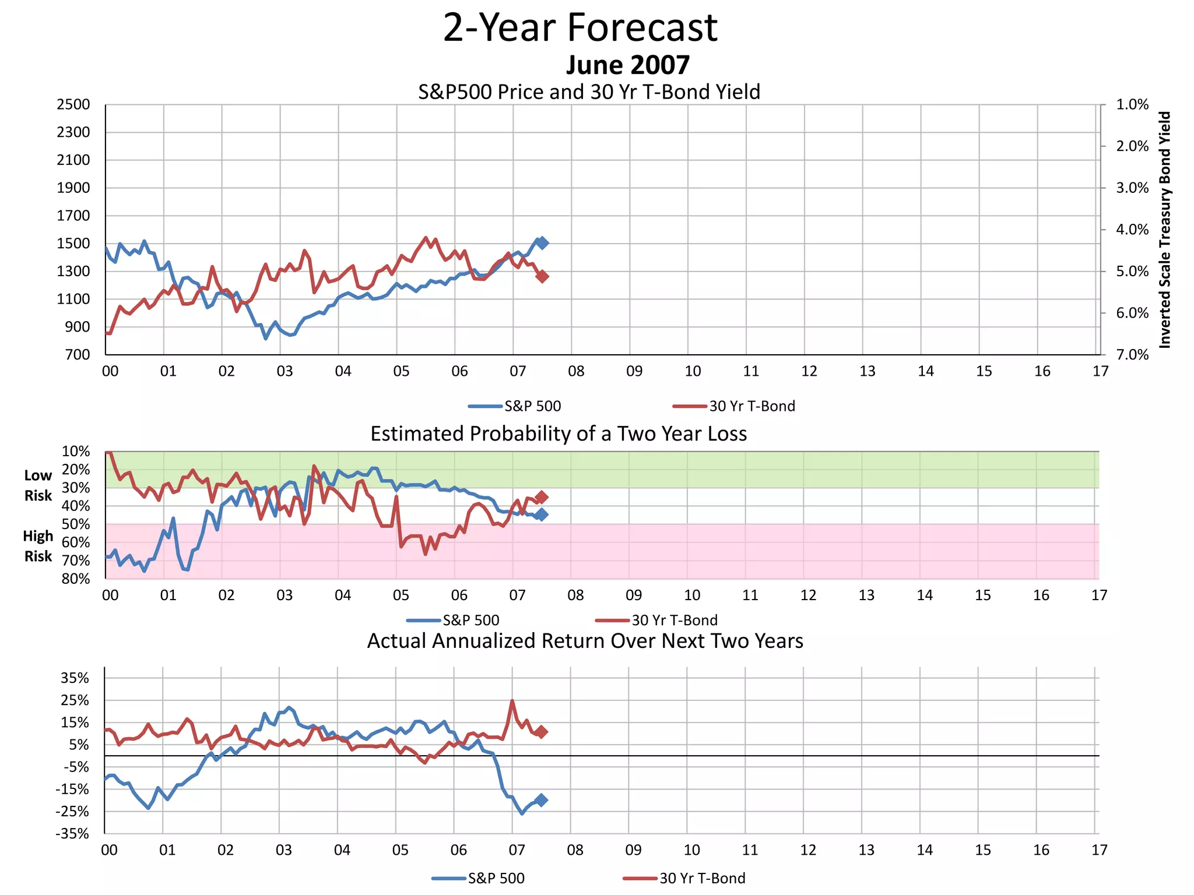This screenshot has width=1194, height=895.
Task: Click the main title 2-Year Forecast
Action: tap(580, 28)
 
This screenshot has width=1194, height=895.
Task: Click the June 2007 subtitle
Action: tap(627, 65)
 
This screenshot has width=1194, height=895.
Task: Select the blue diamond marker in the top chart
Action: tap(542, 243)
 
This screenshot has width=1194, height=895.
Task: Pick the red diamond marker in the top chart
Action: tap(542, 276)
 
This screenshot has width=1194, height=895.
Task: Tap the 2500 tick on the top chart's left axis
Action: tap(73, 105)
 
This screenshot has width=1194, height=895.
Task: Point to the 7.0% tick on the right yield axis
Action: tap(1132, 355)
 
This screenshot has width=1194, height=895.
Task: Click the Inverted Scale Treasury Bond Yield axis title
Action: tap(1164, 230)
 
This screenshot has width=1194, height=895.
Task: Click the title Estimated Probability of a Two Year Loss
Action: tap(559, 434)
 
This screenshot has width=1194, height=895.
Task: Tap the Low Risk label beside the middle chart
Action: tap(38, 485)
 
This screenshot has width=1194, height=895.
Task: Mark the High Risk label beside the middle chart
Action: tap(38, 546)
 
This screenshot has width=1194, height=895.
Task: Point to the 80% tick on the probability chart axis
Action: tap(76, 579)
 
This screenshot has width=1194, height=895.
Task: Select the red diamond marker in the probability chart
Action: tap(542, 497)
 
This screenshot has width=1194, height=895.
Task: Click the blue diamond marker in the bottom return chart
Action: tap(541, 800)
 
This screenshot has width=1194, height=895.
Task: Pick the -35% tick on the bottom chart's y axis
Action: tap(72, 834)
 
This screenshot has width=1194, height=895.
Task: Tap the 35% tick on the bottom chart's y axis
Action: tap(75, 678)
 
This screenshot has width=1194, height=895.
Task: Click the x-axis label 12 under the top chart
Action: tap(809, 371)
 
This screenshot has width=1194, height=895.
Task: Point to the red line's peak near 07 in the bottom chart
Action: tap(512, 701)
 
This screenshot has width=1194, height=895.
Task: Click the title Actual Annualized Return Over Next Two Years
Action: tap(585, 641)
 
